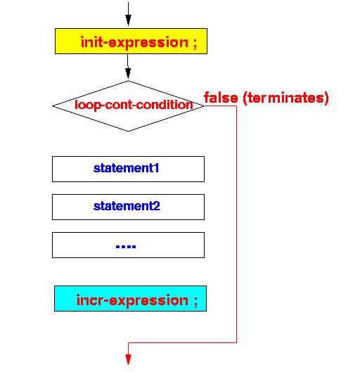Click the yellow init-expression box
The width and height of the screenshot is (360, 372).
point(131,41)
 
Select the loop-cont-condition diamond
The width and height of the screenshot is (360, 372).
point(128,105)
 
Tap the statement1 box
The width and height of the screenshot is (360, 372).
point(128,169)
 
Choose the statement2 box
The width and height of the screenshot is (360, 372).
point(128,207)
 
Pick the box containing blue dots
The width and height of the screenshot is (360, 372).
point(128,245)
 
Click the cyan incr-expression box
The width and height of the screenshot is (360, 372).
point(130,298)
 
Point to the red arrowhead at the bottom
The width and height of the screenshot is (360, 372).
point(128,359)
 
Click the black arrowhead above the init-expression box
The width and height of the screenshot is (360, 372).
point(128,20)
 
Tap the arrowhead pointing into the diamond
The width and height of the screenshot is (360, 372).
point(128,73)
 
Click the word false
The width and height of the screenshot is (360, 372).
point(221,98)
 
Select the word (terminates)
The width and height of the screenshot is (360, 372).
point(285,98)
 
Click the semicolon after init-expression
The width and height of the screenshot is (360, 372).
point(195,44)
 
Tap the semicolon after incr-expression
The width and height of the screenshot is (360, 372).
point(195,302)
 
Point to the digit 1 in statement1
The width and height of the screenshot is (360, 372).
point(156,168)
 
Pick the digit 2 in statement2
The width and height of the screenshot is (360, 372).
point(157,206)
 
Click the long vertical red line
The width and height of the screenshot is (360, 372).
point(236,224)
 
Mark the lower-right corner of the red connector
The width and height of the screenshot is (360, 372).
point(236,342)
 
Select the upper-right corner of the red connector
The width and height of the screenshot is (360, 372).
point(236,105)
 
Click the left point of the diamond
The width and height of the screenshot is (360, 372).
point(53,105)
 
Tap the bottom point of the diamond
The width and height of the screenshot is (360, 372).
point(128,131)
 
